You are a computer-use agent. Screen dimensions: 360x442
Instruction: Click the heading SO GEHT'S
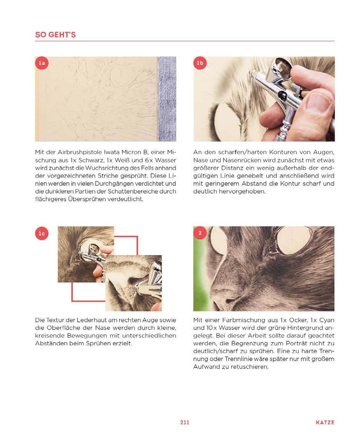56,35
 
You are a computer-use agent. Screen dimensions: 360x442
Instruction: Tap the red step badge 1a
42,63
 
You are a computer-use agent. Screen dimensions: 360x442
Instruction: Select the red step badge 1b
200,63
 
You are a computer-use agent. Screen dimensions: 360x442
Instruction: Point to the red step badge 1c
42,234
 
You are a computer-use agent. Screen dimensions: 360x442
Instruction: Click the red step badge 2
200,233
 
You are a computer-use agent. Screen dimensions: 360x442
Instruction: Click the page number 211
185,422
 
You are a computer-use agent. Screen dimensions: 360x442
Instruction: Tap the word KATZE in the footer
325,422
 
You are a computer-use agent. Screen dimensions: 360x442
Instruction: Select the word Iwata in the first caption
112,152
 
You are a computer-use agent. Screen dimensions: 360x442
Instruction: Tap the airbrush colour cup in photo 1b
283,68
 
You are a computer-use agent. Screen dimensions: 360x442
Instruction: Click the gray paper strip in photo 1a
167,99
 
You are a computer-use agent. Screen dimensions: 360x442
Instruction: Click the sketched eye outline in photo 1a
121,74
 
